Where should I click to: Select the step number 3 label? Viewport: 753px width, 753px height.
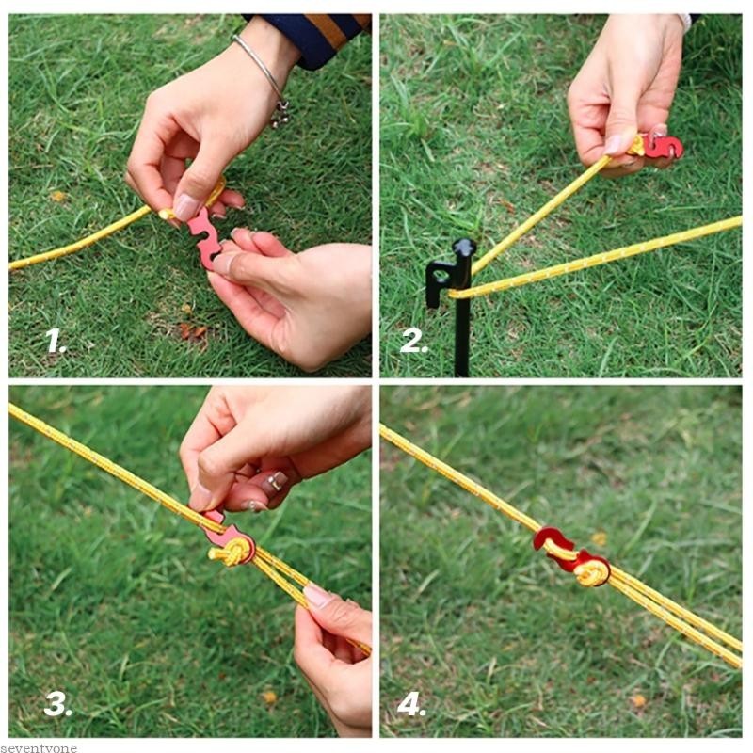click(57, 704)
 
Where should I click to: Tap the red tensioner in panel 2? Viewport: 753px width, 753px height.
click(662, 147)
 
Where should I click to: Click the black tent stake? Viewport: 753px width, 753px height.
click(459, 301)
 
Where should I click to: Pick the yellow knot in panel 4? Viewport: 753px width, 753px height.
click(592, 570)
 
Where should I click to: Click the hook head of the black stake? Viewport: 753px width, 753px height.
click(463, 250)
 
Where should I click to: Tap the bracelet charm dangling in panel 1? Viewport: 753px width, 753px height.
click(280, 115)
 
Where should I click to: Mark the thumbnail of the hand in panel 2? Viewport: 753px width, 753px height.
click(615, 144)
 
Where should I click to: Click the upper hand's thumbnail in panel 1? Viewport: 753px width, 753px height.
click(186, 206)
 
